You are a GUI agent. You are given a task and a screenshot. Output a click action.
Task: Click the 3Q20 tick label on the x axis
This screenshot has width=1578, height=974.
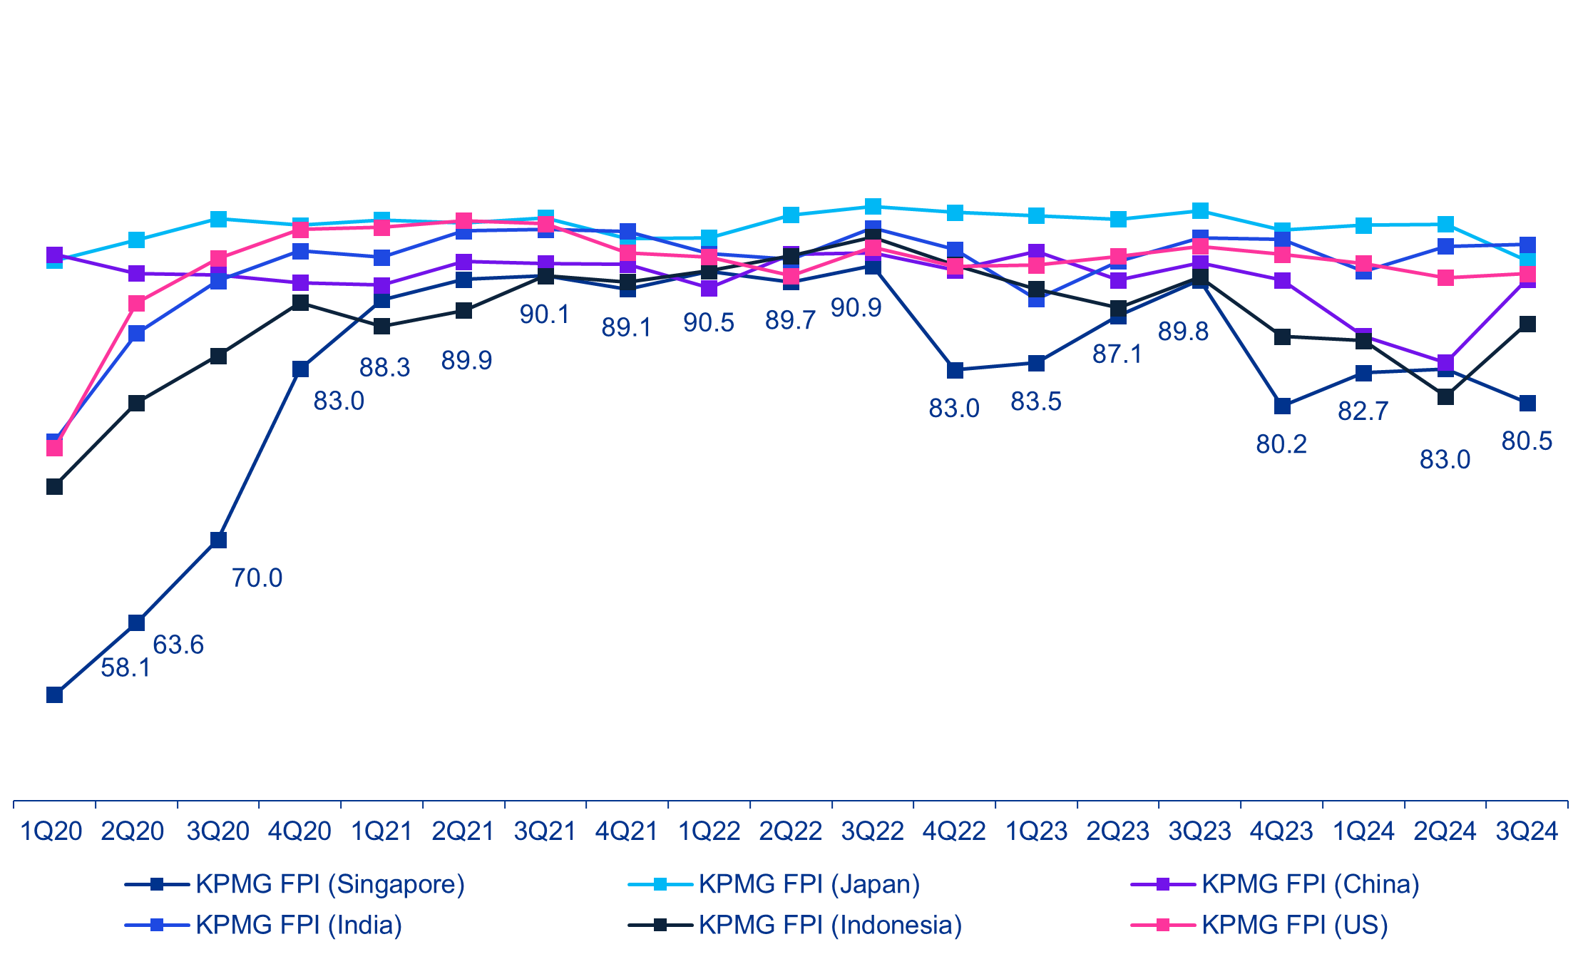(218, 831)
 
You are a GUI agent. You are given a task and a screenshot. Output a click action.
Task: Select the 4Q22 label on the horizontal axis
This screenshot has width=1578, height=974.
(954, 831)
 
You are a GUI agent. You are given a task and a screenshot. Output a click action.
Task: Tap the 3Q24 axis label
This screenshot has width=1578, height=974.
(1527, 831)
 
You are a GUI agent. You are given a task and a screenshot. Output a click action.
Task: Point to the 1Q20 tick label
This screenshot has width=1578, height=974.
(51, 831)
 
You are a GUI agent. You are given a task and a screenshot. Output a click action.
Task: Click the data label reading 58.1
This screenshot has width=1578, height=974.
(125, 668)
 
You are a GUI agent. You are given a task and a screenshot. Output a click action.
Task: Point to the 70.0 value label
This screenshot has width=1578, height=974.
(257, 578)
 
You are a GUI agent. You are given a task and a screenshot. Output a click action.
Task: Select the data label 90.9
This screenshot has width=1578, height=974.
(856, 308)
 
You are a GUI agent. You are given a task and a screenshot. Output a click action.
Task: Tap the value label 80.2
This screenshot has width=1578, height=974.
(1281, 444)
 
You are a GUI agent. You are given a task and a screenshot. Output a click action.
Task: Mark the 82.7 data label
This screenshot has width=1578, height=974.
(1363, 411)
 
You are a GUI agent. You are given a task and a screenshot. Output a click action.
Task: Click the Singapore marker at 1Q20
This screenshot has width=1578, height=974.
(55, 694)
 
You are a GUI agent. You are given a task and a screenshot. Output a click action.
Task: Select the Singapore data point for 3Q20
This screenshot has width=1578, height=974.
(219, 540)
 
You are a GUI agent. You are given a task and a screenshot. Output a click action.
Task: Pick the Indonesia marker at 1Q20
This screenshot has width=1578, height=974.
(55, 487)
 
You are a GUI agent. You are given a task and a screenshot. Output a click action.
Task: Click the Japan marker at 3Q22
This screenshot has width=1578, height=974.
(873, 207)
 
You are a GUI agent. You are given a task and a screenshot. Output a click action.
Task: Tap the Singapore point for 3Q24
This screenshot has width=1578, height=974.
(1527, 404)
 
